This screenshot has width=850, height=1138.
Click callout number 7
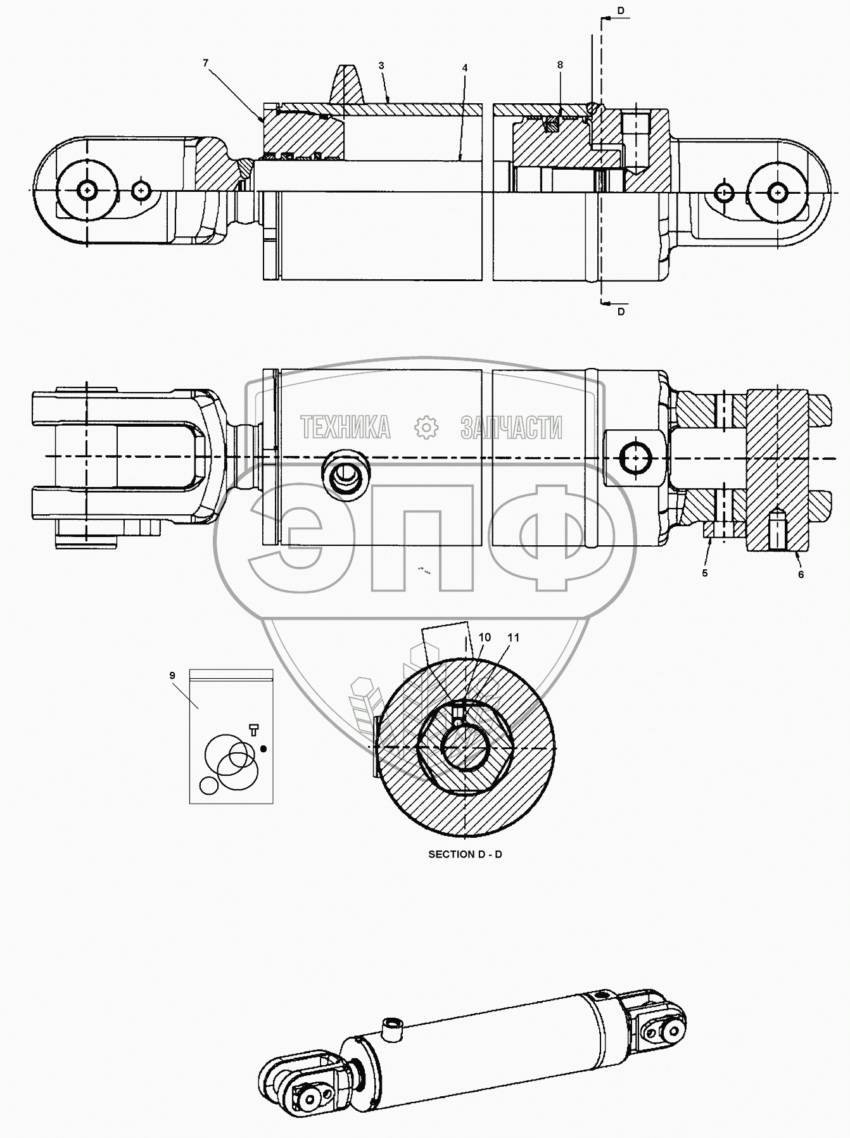205,63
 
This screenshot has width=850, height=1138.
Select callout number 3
381,65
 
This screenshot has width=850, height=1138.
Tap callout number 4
465,67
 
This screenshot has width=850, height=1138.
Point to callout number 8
560,65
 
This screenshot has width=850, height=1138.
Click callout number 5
705,573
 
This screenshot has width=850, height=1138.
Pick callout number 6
801,574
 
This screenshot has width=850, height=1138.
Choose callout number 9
172,676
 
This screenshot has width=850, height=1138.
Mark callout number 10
485,637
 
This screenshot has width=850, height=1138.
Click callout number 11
514,637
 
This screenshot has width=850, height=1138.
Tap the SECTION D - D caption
466,854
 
